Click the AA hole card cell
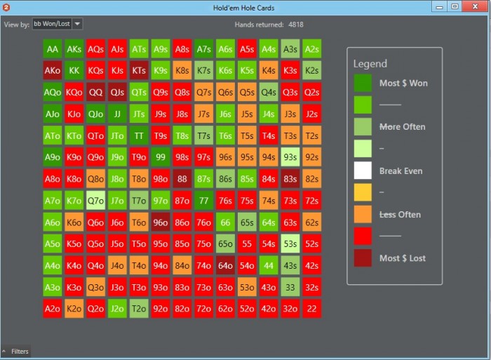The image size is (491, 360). click(x=53, y=49)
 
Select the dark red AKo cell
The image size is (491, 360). click(x=53, y=71)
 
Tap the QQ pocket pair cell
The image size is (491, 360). click(x=96, y=93)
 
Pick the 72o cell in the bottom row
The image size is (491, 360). click(x=204, y=308)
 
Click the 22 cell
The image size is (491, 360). click(x=312, y=308)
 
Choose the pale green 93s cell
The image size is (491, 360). click(x=290, y=157)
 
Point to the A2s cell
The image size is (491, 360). click(x=312, y=49)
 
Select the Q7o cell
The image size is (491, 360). click(x=96, y=201)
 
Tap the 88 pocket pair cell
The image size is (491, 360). click(x=182, y=179)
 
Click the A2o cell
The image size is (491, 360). click(x=53, y=308)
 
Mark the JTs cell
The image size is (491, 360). click(x=139, y=114)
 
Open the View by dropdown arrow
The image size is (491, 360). click(x=77, y=24)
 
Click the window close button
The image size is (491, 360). click(x=474, y=7)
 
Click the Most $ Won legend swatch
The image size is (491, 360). click(x=363, y=83)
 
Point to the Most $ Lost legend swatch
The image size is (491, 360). click(x=363, y=258)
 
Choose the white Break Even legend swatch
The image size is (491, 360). click(x=363, y=171)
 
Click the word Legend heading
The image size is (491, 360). click(x=370, y=64)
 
